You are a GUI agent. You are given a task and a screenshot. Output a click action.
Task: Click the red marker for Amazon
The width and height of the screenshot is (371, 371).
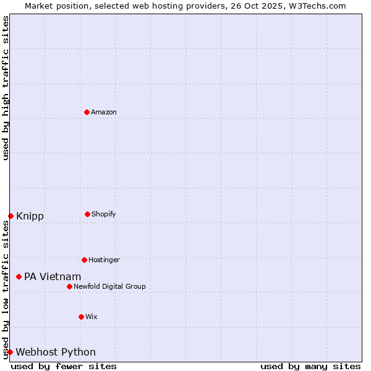[x=87, y=112]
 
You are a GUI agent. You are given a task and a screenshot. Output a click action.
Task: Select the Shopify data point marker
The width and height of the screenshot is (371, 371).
[x=87, y=214]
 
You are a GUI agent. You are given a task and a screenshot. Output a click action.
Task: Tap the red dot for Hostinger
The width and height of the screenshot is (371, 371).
[x=84, y=260]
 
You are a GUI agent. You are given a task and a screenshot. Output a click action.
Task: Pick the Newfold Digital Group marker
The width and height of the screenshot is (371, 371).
[x=69, y=286]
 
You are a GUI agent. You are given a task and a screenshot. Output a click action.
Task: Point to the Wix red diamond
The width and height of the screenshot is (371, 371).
[x=81, y=317]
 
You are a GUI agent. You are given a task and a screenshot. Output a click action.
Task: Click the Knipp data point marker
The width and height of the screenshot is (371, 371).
[x=11, y=216]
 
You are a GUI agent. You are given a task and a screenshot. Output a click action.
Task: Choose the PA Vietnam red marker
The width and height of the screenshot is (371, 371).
[x=19, y=276]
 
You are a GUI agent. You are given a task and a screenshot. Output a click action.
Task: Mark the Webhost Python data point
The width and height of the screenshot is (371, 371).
[x=10, y=352]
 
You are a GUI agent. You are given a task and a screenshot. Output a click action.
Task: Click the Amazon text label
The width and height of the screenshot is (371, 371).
[x=104, y=112]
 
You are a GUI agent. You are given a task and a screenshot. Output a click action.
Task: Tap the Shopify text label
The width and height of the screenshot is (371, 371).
[x=104, y=214]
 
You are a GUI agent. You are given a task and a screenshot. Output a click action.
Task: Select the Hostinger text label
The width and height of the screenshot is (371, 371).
[x=104, y=260]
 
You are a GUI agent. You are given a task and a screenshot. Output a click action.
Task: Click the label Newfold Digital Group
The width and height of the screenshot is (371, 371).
[x=109, y=286]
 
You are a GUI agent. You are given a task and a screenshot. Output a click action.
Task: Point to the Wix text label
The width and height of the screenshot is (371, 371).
[x=92, y=317]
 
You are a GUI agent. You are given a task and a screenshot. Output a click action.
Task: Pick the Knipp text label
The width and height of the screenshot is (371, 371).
[x=30, y=216]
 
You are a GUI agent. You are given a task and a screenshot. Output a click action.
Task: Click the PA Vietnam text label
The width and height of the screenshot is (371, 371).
[x=53, y=276]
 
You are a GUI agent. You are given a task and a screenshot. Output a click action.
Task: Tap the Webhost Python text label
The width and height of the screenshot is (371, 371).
[x=56, y=352]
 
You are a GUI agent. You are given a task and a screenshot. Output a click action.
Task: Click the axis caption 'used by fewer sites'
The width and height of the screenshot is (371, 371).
[x=64, y=366]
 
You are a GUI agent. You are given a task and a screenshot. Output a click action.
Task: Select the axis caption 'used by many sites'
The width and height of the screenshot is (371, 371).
[x=310, y=366]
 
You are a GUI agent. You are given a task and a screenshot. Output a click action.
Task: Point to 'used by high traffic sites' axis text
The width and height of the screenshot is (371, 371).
[x=6, y=88]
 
